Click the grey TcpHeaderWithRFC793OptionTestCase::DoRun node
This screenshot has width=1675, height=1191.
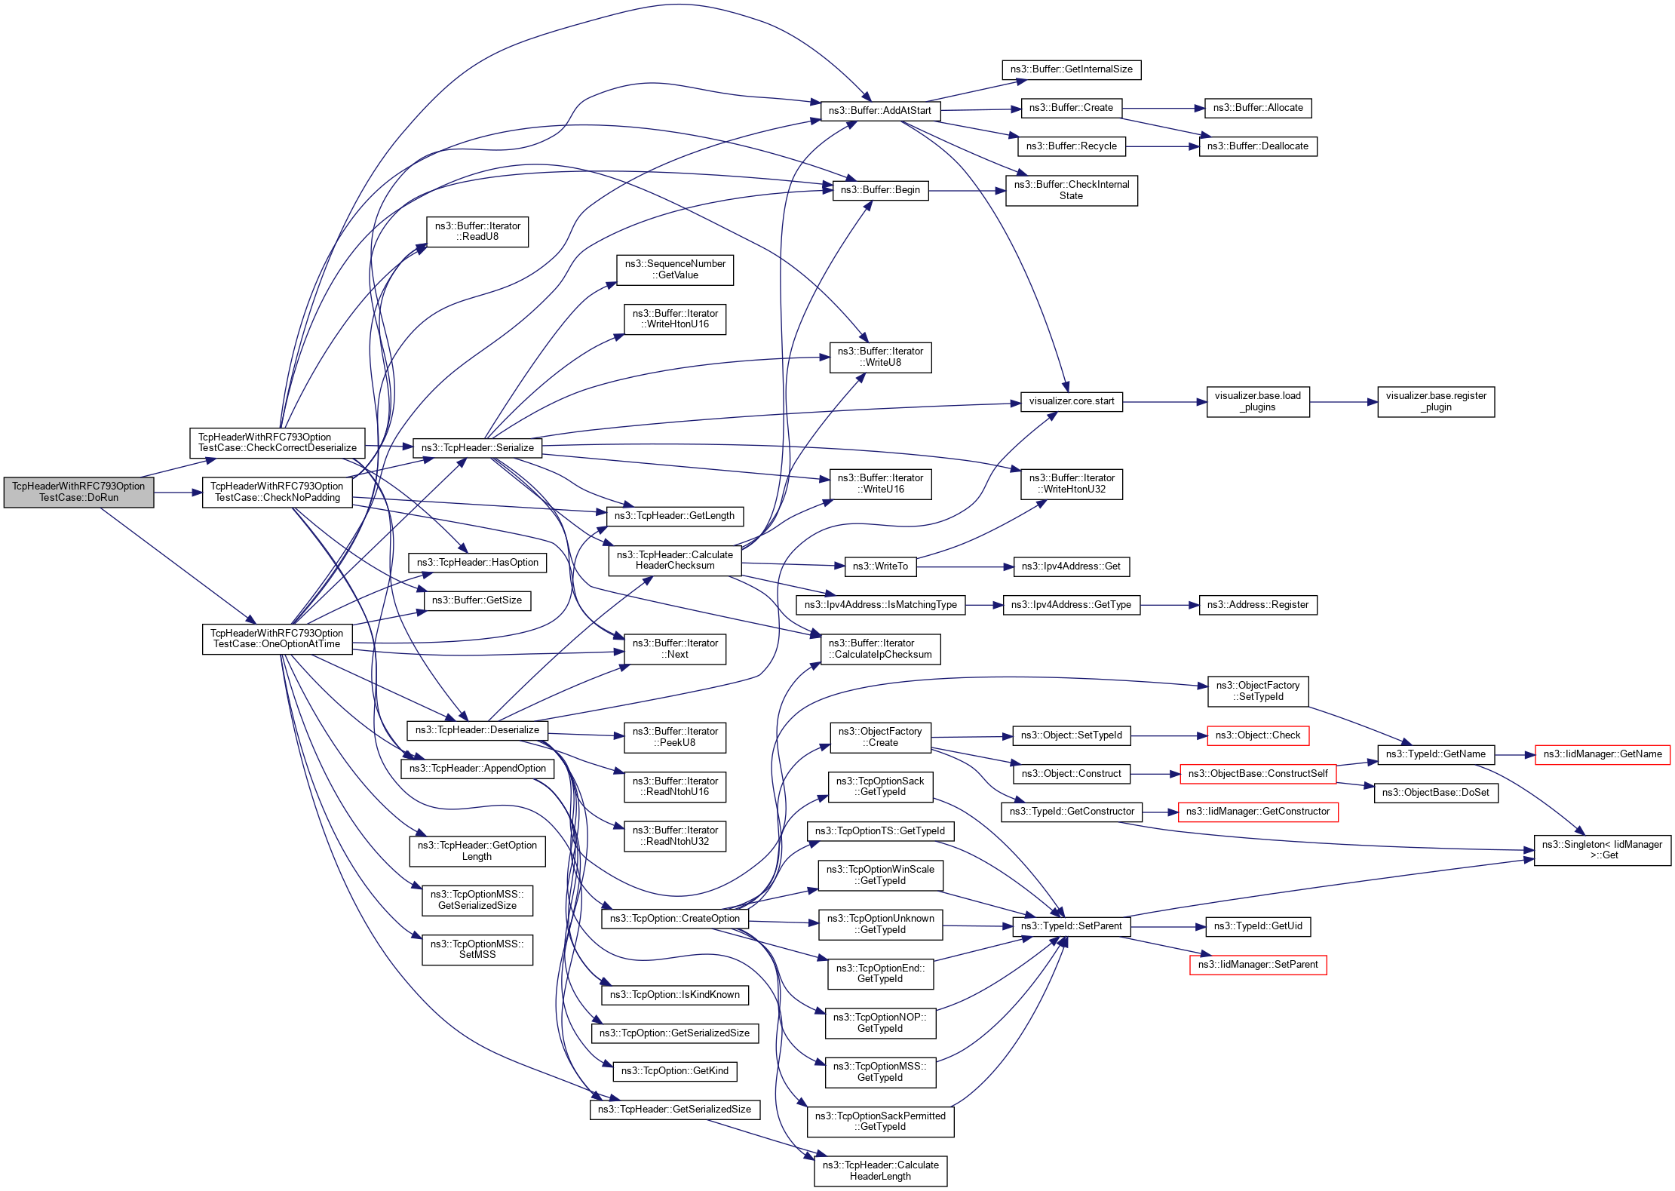click(78, 492)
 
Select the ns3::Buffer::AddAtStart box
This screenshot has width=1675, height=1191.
click(879, 110)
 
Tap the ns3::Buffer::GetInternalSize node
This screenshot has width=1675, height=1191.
click(1071, 69)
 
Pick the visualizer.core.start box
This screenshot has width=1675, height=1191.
click(1071, 401)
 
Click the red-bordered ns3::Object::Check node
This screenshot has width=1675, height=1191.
click(1257, 735)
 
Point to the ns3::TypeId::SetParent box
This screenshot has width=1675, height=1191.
click(1071, 926)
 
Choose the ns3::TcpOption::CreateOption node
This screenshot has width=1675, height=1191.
click(674, 919)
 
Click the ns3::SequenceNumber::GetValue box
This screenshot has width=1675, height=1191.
click(675, 269)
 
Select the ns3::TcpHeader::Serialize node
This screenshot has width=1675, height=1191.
click(477, 447)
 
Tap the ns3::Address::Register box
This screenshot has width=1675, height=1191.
click(1257, 605)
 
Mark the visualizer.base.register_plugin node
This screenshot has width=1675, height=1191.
click(1436, 401)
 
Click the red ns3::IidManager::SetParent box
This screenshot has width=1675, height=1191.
click(1257, 965)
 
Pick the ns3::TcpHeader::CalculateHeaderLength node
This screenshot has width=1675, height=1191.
click(880, 1171)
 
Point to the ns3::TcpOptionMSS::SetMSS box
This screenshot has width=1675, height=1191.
click(477, 949)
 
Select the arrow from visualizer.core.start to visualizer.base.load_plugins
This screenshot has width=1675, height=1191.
click(1164, 402)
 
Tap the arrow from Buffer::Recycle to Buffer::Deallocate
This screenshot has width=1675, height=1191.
click(1162, 146)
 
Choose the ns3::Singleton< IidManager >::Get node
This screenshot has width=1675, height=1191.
click(1602, 850)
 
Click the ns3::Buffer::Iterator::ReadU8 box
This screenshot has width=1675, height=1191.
click(477, 232)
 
